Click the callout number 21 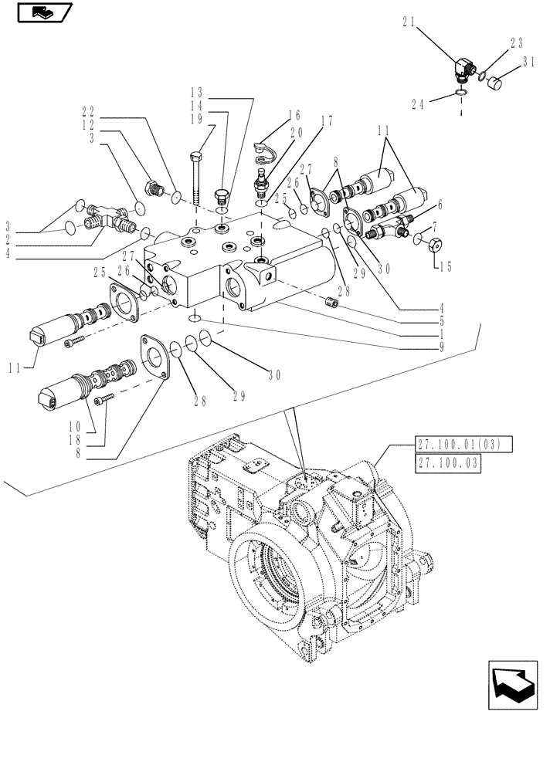(x=409, y=24)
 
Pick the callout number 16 (x=295, y=114)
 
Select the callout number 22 (x=90, y=112)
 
